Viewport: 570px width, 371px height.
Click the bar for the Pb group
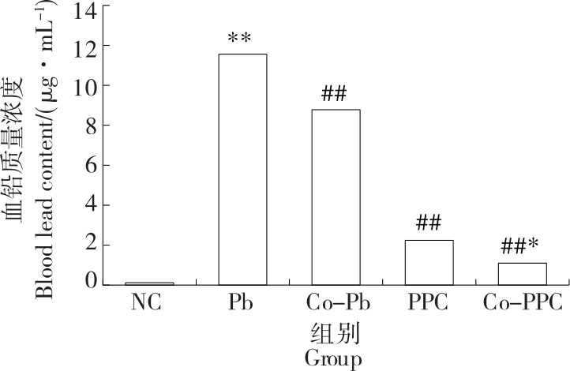tap(242, 169)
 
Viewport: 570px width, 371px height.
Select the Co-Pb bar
tap(336, 197)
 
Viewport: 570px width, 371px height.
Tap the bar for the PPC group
tap(429, 262)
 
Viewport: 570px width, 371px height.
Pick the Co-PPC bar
tap(522, 273)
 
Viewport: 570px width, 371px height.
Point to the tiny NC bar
tap(149, 283)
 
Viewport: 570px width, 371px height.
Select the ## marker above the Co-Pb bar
tap(335, 95)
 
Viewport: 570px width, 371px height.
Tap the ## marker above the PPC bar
tap(428, 224)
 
